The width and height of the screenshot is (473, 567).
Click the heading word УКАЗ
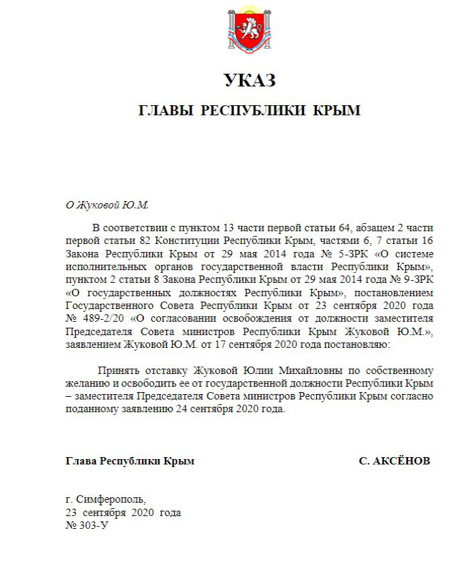coord(249,81)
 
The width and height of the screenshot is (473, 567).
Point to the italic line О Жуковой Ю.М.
coord(107,204)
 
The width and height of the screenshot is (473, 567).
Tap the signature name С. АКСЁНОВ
coord(394,461)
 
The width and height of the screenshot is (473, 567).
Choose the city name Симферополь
coord(111,500)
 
